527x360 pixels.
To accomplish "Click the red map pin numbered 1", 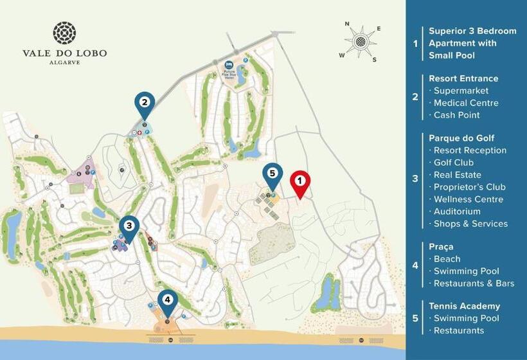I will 300,183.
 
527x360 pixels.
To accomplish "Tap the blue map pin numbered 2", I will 145,103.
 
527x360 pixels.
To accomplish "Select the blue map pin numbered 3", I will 129,227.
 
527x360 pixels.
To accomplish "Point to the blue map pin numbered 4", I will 168,300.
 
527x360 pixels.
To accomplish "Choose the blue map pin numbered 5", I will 272,174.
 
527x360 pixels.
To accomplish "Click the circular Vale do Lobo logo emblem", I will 64,33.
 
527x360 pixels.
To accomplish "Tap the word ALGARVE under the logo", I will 64,63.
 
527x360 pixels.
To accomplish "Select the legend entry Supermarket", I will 461,91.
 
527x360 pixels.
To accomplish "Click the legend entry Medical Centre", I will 466,103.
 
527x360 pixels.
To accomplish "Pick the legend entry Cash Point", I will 457,115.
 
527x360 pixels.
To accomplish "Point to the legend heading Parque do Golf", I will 461,138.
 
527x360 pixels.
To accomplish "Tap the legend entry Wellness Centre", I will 469,199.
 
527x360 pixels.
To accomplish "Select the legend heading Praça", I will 442,246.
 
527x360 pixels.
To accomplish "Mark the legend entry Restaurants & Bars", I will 474,283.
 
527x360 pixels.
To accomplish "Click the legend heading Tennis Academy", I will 464,306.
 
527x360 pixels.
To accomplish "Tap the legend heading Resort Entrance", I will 463,78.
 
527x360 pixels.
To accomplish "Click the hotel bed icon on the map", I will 229,65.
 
